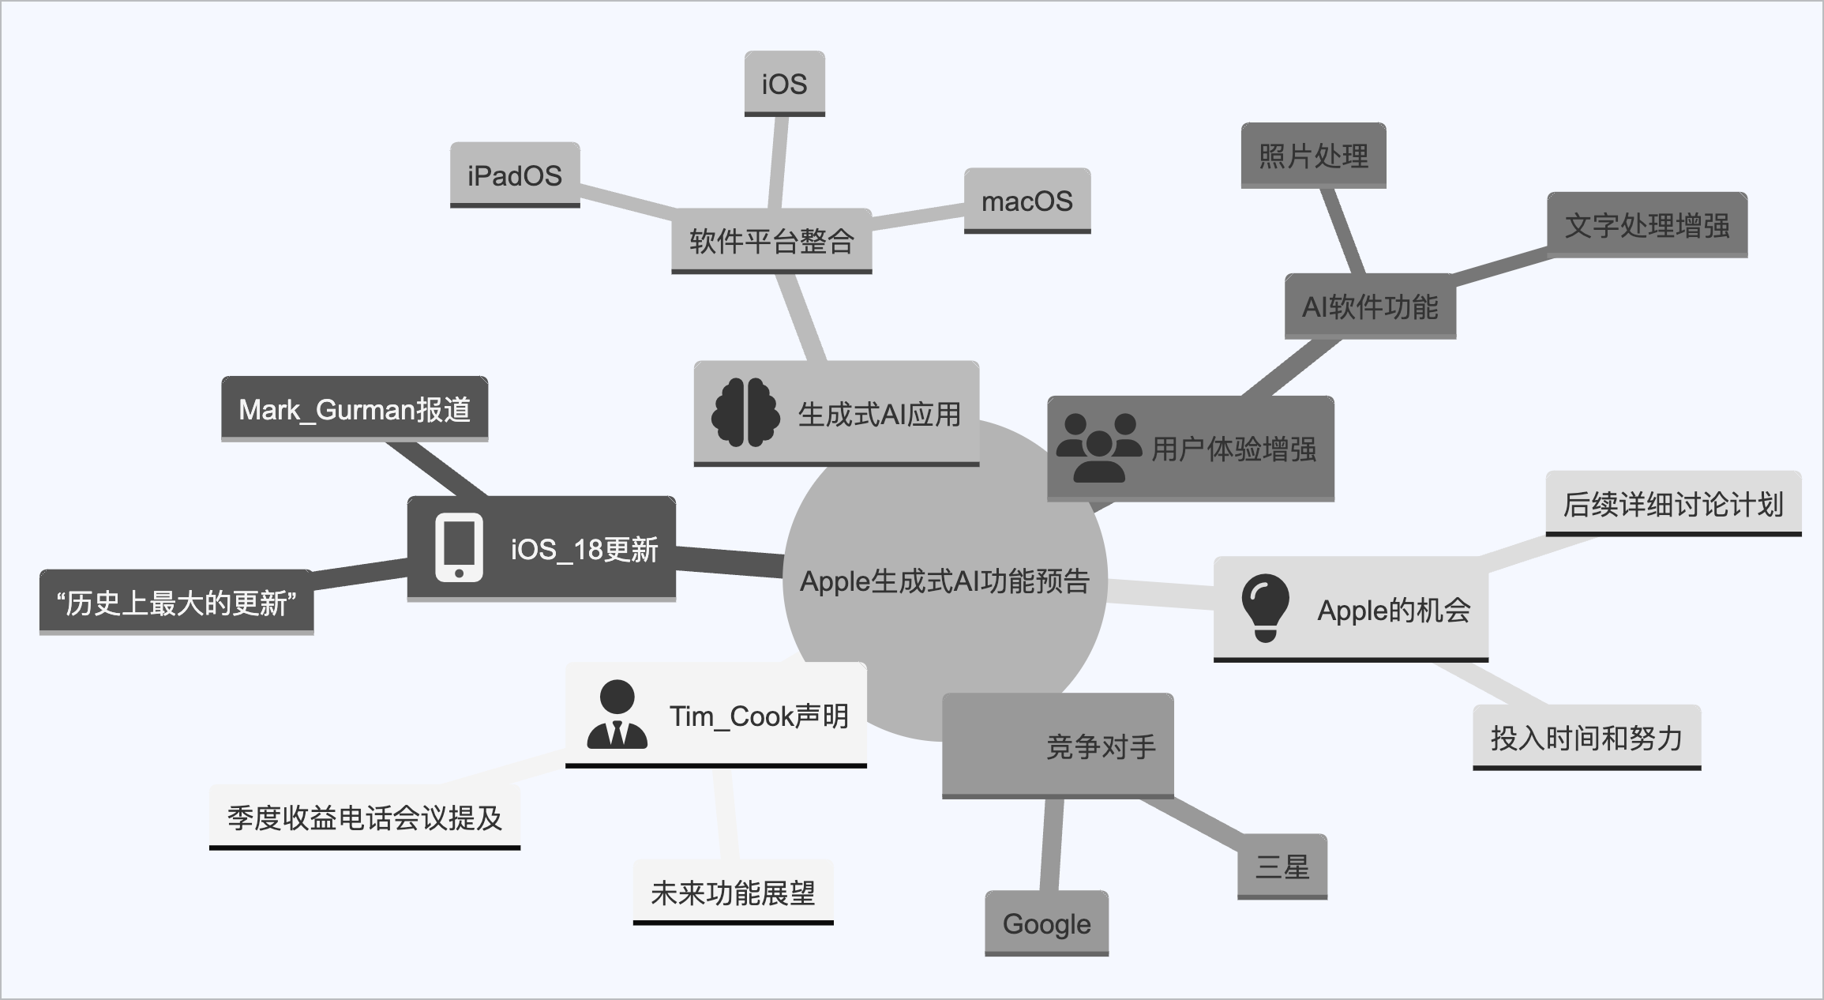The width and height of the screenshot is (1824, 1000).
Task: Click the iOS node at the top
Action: tap(784, 83)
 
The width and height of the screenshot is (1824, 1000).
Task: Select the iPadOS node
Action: tap(515, 175)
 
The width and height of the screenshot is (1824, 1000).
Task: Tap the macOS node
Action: tap(1026, 201)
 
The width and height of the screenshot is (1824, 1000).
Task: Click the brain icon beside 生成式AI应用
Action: tap(745, 412)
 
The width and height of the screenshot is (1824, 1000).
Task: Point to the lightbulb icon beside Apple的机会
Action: tap(1265, 607)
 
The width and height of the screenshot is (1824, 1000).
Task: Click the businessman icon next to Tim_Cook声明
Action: tap(617, 714)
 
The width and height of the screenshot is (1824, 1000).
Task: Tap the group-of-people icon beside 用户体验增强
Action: tap(1098, 447)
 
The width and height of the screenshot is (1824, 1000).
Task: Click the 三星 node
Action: tap(1282, 866)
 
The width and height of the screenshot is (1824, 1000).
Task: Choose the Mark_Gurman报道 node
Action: tap(355, 408)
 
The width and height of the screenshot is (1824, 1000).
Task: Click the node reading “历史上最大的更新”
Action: tap(176, 602)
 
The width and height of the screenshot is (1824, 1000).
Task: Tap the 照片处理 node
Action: tap(1313, 156)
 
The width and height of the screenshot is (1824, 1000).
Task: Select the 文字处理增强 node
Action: tap(1646, 225)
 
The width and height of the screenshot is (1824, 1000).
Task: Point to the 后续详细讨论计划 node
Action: tap(1673, 503)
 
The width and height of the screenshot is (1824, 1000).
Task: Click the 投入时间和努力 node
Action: tap(1586, 737)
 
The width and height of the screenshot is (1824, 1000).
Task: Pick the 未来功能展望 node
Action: tap(733, 892)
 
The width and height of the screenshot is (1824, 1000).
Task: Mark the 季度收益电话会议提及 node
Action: tap(365, 817)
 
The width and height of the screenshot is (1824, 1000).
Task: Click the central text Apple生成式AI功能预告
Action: tap(944, 581)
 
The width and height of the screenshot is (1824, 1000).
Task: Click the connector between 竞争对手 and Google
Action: tap(1051, 844)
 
